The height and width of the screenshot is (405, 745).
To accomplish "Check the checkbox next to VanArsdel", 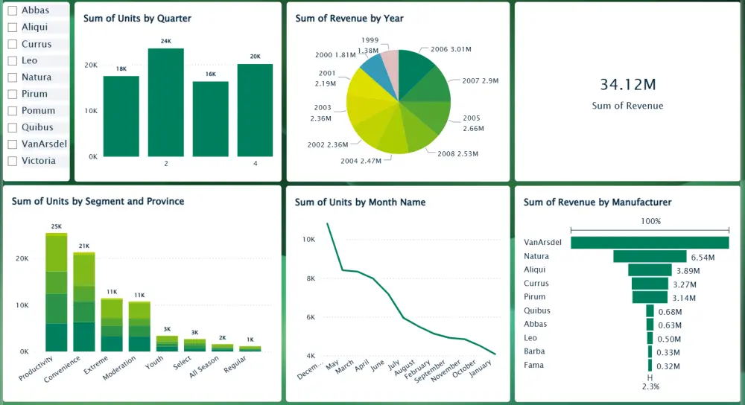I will tap(12, 144).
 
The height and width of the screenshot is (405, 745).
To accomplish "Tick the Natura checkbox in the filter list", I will tap(12, 77).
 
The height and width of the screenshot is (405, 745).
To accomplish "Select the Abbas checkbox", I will tap(12, 10).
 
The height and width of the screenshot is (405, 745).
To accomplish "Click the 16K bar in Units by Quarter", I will tap(210, 119).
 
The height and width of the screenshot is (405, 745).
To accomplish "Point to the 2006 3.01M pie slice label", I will tap(451, 49).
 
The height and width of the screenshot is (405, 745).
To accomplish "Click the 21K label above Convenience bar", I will tap(84, 246).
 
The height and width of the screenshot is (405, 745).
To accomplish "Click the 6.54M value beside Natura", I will tap(703, 257).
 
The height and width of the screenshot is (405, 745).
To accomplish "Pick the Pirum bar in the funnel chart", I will tap(650, 297).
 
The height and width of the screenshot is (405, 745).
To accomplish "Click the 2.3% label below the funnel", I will tap(650, 386).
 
